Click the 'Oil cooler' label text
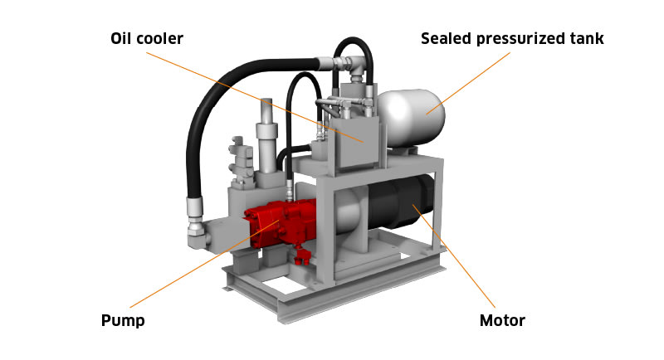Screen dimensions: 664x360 (x=147, y=38)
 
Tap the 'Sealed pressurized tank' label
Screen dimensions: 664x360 (x=512, y=38)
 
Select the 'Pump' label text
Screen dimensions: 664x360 (x=123, y=320)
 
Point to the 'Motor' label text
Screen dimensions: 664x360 (x=502, y=320)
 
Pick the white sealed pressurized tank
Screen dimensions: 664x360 (x=411, y=119)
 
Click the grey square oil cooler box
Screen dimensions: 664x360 (x=355, y=142)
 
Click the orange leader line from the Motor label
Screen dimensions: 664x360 (x=454, y=256)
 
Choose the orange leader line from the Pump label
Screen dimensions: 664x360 (x=204, y=264)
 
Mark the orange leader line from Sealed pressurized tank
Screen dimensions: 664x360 (x=468, y=83)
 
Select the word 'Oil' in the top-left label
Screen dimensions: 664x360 (x=120, y=38)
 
